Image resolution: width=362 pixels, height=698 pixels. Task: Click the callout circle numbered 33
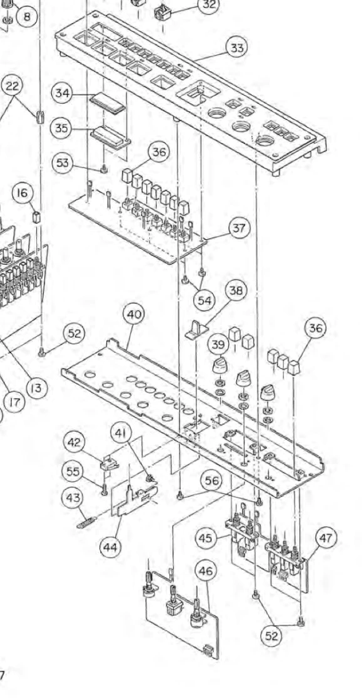coord(238,48)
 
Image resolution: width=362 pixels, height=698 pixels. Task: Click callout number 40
coord(134,315)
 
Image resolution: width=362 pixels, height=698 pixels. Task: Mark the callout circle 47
coord(326,539)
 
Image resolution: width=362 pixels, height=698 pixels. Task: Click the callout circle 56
coord(213,481)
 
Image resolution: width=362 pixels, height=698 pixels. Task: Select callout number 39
coord(219,345)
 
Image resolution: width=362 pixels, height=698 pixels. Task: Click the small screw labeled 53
coord(104,169)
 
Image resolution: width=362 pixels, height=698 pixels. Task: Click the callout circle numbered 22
coord(12,87)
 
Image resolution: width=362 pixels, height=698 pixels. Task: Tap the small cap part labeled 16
coord(37,217)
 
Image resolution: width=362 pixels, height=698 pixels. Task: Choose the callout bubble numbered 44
coord(111,547)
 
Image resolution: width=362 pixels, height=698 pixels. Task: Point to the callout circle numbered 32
coord(209,6)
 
